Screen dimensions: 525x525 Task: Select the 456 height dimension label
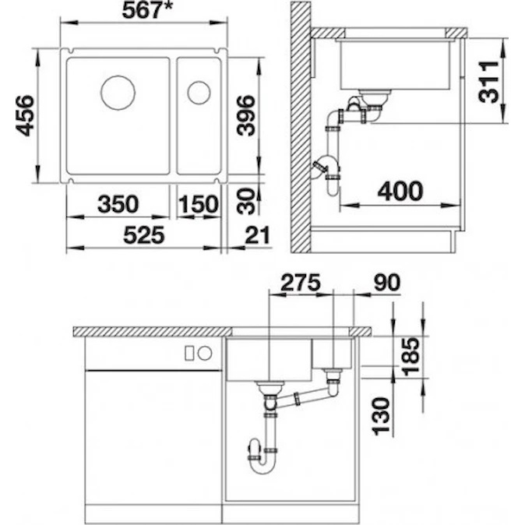25,116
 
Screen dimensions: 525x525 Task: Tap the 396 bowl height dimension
246,115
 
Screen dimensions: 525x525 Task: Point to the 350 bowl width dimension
118,204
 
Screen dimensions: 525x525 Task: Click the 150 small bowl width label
198,204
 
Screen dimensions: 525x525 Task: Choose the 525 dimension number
144,234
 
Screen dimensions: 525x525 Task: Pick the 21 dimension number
257,234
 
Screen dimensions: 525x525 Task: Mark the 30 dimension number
246,201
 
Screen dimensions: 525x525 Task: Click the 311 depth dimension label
489,82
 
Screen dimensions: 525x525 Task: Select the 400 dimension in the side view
400,191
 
